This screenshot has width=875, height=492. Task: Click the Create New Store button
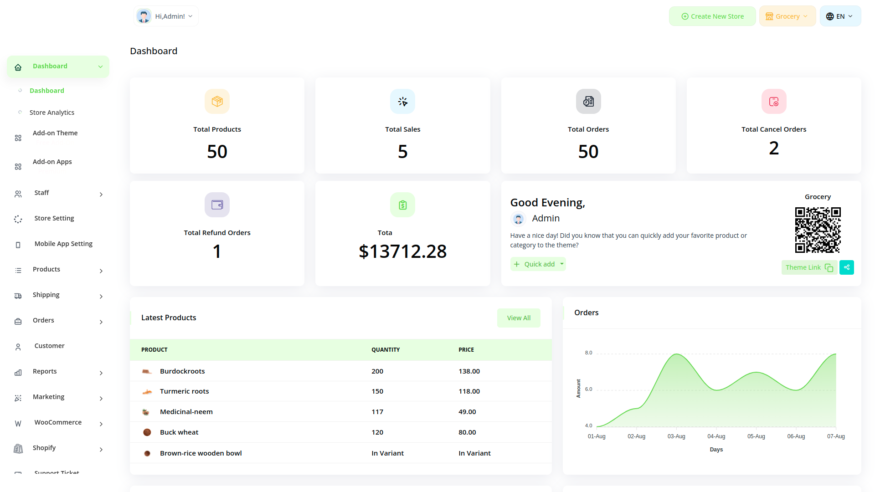coord(712,16)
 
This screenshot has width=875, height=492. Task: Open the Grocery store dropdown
coord(787,16)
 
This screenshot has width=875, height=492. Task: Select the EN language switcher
coord(840,16)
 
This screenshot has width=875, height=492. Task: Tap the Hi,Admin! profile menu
coord(166,16)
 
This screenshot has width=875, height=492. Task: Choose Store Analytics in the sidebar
coord(52,113)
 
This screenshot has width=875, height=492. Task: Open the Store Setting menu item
coord(54,218)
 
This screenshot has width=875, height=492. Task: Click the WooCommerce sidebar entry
coord(58,422)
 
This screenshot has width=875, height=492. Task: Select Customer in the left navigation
coord(49,346)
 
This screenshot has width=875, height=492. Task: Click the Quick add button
coord(538,264)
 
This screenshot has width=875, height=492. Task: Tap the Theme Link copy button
coord(809,267)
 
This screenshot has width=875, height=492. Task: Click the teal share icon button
coord(846,267)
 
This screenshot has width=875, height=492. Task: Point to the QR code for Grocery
coord(818,230)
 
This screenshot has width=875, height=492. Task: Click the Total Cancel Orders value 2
coord(773,148)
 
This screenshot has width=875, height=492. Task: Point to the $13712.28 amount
coord(402,251)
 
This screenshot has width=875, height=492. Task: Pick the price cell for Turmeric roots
coord(469,391)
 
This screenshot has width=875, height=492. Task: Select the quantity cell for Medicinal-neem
coord(377,412)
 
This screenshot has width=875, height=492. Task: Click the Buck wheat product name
coord(179,432)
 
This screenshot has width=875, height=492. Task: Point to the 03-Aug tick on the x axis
coord(676,436)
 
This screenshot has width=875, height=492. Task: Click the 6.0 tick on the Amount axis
coord(588,389)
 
